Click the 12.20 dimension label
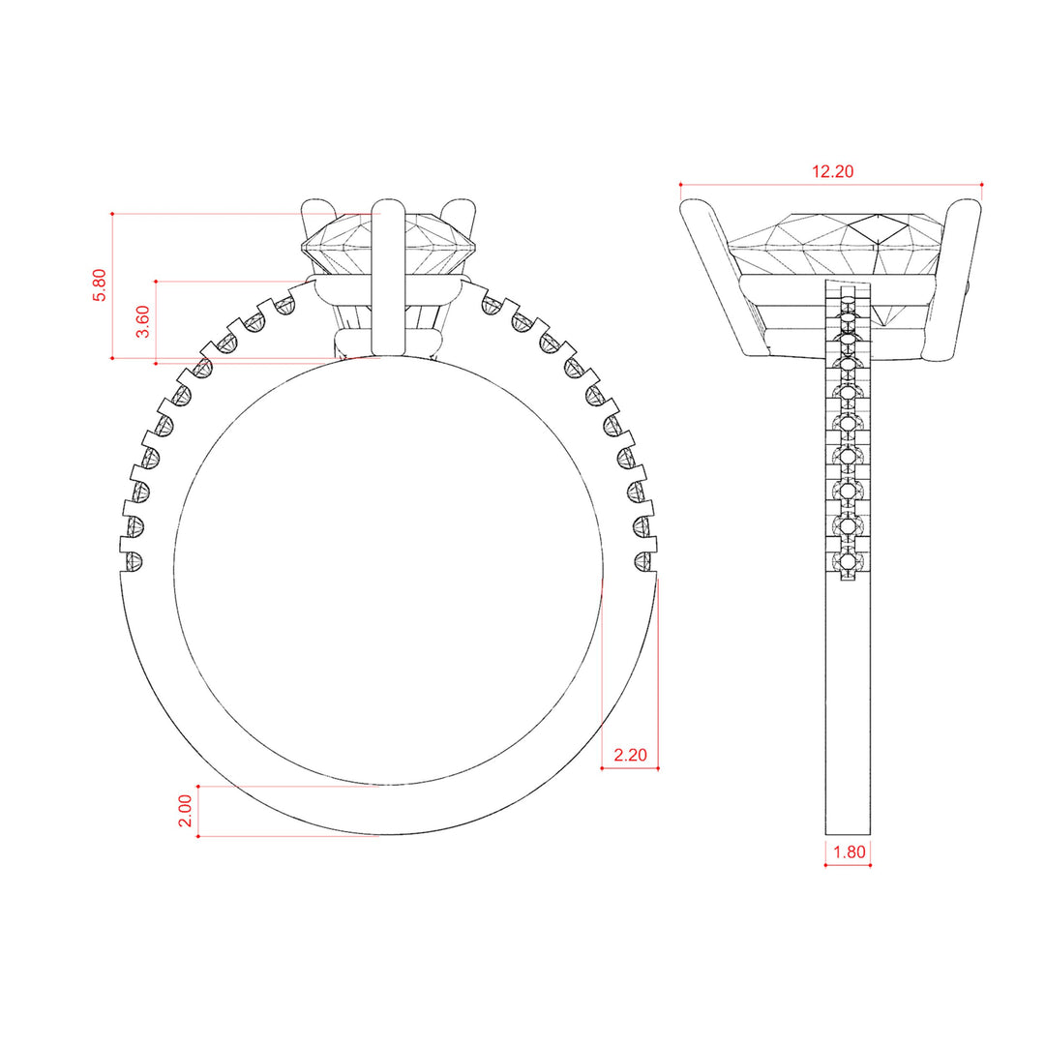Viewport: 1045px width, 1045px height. click(832, 171)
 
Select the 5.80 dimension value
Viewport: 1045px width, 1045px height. click(100, 285)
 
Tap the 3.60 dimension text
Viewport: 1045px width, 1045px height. click(142, 321)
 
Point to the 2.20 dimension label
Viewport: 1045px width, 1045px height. click(630, 755)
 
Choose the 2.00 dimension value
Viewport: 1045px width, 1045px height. click(185, 811)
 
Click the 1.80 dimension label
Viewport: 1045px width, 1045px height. click(850, 851)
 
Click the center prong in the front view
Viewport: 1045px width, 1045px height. click(388, 278)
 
